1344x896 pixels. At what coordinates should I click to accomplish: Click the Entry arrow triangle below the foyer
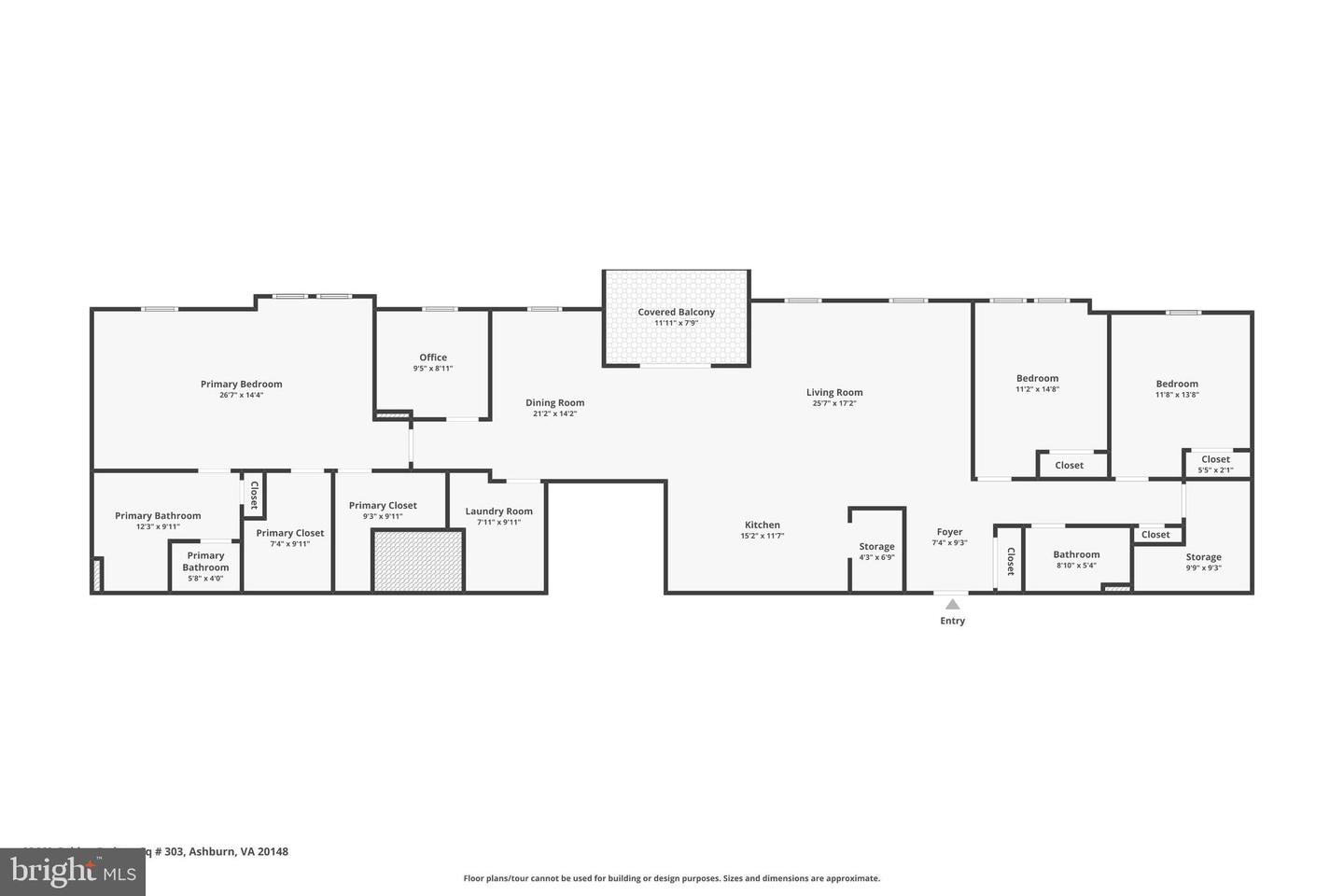pyautogui.click(x=952, y=604)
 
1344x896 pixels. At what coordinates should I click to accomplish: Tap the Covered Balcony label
pyautogui.click(x=676, y=313)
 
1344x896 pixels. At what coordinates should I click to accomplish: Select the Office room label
pyautogui.click(x=433, y=357)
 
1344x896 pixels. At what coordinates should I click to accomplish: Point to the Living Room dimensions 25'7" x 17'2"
pyautogui.click(x=834, y=403)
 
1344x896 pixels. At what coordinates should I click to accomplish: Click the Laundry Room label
pyautogui.click(x=498, y=511)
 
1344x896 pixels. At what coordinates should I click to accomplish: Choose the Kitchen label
pyautogui.click(x=762, y=525)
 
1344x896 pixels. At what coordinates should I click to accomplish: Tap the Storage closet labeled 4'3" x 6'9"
pyautogui.click(x=876, y=552)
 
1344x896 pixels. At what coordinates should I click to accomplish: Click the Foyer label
pyautogui.click(x=949, y=532)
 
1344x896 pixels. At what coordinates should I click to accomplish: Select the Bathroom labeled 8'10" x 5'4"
pyautogui.click(x=1076, y=559)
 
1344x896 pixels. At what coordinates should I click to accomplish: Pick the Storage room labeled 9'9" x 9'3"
pyautogui.click(x=1203, y=562)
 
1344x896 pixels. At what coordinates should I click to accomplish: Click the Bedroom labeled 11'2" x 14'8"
pyautogui.click(x=1038, y=384)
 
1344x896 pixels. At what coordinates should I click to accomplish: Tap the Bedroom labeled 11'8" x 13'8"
pyautogui.click(x=1177, y=388)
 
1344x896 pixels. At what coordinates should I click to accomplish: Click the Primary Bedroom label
pyautogui.click(x=241, y=385)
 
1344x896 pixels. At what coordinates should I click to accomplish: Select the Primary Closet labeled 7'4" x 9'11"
pyautogui.click(x=289, y=538)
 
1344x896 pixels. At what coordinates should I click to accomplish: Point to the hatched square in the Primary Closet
pyautogui.click(x=418, y=560)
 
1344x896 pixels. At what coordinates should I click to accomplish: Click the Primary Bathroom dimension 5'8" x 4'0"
pyautogui.click(x=204, y=578)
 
